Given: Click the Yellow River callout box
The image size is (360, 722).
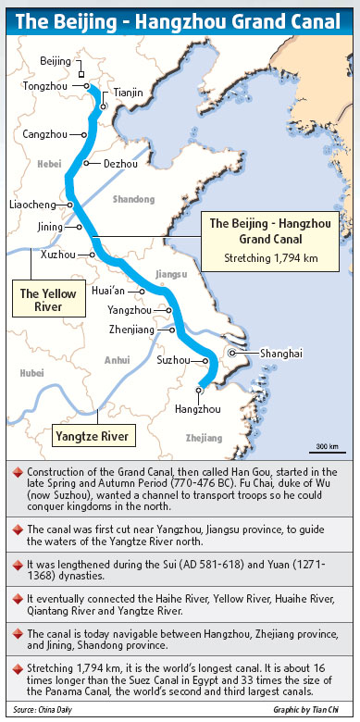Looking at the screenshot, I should [42, 300].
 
